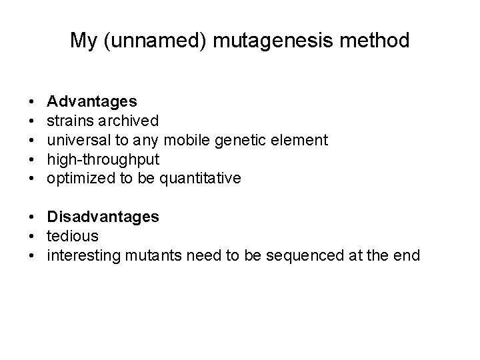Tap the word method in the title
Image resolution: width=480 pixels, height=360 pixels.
(x=376, y=41)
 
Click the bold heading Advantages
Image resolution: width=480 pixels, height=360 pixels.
(x=92, y=101)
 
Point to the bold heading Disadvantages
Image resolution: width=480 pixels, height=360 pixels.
(x=103, y=217)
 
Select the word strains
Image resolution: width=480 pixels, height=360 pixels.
(x=69, y=121)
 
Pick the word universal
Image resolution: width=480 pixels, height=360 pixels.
(x=77, y=140)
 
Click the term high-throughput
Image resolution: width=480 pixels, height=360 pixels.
(x=103, y=159)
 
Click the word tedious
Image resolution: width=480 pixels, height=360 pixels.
(x=73, y=236)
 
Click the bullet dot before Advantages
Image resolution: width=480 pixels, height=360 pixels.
(x=33, y=102)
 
